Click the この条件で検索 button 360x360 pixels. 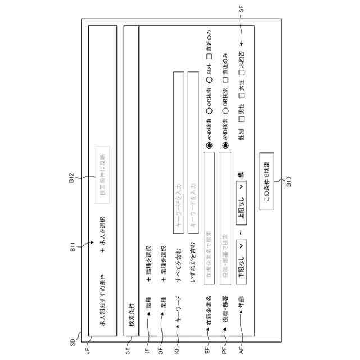coord(267,182)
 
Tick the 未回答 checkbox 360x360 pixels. coord(241,71)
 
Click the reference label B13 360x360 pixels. coord(289,182)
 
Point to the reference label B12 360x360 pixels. coord(73,179)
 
